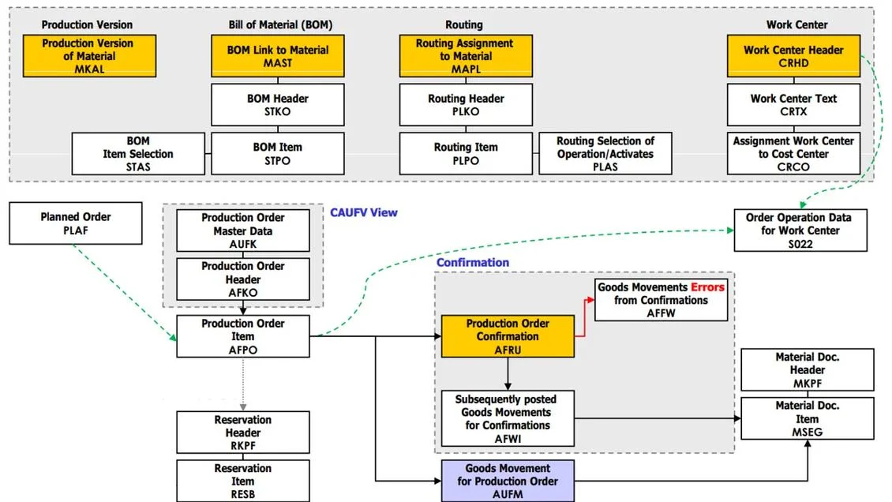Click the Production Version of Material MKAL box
tap(89, 56)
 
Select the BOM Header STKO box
tap(278, 105)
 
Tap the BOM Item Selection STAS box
tap(138, 153)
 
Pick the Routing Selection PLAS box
tap(605, 153)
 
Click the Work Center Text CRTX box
tap(793, 105)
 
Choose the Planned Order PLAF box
tap(76, 223)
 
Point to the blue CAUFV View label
tap(364, 212)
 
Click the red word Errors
tap(708, 287)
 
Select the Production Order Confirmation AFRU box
tap(508, 336)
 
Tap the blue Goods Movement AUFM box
tap(508, 481)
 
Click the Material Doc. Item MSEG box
tap(808, 418)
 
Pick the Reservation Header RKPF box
tap(243, 433)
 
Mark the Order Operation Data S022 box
tap(800, 230)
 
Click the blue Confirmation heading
tap(473, 263)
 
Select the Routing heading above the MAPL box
tap(464, 24)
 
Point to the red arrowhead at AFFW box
tap(591, 300)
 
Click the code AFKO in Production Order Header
tap(243, 293)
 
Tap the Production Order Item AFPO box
tap(243, 336)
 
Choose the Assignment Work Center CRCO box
tap(793, 153)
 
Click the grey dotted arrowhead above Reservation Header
tap(243, 407)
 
